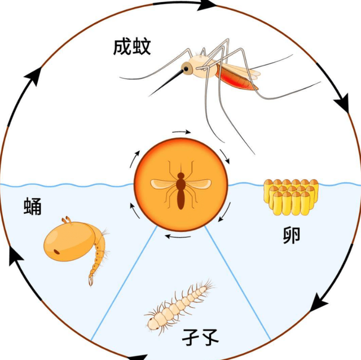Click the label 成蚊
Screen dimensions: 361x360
tap(132, 47)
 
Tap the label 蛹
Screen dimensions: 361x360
tap(33, 206)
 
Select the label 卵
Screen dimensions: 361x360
tap(292, 235)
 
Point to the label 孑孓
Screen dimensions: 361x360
tap(200, 337)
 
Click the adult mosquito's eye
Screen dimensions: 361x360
tap(186, 69)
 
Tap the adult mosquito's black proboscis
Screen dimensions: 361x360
tap(166, 83)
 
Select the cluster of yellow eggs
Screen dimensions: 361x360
tap(291, 197)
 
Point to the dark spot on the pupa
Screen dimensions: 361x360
tap(56, 252)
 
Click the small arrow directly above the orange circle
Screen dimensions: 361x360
tap(182, 132)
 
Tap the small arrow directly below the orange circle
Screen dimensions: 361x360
tap(178, 236)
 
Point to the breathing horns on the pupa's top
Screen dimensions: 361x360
tap(67, 220)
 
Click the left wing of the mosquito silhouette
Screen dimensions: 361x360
tap(164, 184)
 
